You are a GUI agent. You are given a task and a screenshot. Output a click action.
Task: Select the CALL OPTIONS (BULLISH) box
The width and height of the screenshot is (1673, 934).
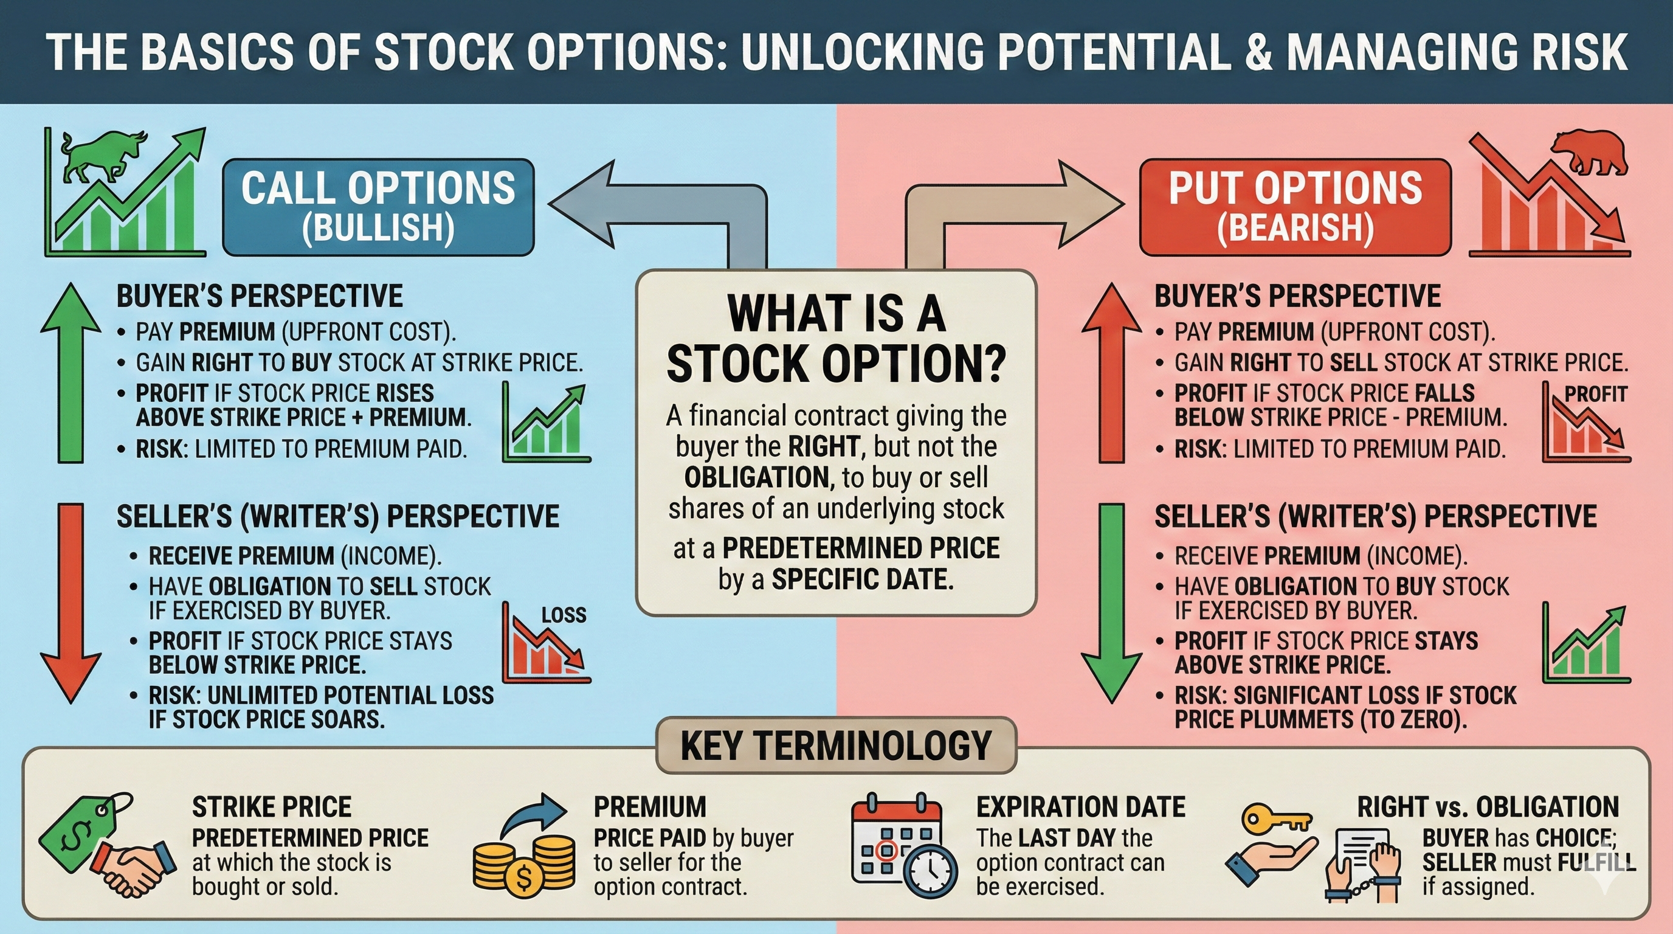click(x=378, y=207)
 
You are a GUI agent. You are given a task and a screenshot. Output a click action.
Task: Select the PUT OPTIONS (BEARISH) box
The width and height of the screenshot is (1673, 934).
click(x=1295, y=207)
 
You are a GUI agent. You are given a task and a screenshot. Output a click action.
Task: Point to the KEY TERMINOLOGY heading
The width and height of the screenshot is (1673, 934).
click(x=836, y=745)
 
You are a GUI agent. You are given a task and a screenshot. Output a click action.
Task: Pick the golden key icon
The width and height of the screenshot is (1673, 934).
click(x=1275, y=820)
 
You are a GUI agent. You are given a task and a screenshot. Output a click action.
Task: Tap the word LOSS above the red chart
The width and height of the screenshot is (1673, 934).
click(x=564, y=614)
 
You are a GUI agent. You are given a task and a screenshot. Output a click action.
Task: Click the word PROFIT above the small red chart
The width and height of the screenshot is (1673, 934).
click(x=1595, y=393)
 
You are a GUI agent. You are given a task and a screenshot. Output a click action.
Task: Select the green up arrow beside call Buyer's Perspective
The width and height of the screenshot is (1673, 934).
click(x=71, y=373)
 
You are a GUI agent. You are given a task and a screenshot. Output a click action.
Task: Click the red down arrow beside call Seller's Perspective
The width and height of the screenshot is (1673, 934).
click(x=71, y=604)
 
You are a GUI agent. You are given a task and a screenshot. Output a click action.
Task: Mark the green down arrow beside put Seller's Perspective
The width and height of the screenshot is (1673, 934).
click(x=1111, y=604)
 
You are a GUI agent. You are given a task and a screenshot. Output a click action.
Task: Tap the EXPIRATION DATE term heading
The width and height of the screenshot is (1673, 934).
click(x=1081, y=808)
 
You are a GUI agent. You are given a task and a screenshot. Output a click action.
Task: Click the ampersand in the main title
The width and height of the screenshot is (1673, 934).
click(x=1258, y=52)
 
